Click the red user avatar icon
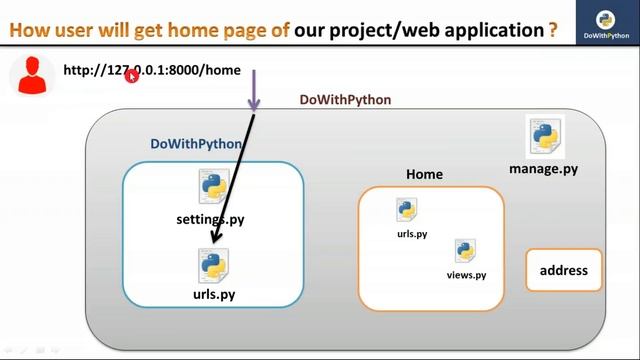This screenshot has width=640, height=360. (33, 75)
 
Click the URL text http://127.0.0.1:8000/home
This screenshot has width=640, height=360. (151, 71)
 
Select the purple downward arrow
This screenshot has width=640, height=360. (254, 91)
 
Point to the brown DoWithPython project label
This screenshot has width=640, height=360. (345, 100)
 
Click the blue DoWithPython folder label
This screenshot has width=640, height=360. (196, 144)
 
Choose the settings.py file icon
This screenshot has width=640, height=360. (214, 188)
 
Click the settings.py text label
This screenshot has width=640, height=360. (210, 219)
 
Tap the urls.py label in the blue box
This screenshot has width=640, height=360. (214, 295)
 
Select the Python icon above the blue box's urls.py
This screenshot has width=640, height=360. (214, 265)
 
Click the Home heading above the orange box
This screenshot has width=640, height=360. (424, 174)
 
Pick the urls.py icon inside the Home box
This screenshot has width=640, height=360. (406, 210)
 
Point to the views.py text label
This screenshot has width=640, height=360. (466, 275)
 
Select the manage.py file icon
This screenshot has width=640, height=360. (544, 138)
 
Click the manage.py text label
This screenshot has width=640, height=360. (543, 169)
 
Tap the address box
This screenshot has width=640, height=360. (564, 270)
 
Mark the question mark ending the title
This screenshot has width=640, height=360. (552, 29)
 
